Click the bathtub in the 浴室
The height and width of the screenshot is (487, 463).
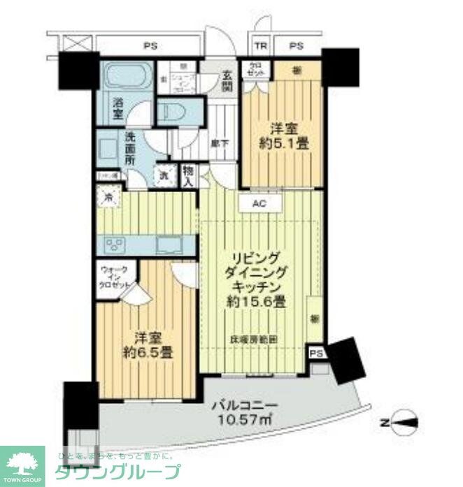(x=126, y=76)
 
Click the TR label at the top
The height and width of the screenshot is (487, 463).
(x=261, y=47)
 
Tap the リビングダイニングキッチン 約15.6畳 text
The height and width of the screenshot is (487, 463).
(x=255, y=280)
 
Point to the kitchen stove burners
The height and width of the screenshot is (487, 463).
(x=114, y=245)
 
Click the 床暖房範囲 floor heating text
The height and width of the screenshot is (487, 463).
(x=254, y=340)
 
